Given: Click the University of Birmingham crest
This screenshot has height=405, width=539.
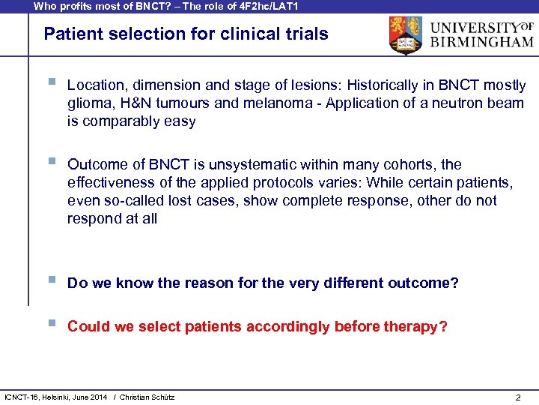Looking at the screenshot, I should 405,35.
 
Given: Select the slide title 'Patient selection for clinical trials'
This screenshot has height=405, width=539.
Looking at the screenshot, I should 186,34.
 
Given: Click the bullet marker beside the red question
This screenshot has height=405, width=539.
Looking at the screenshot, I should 51,325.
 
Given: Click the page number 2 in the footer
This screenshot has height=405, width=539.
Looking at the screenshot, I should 518,397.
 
